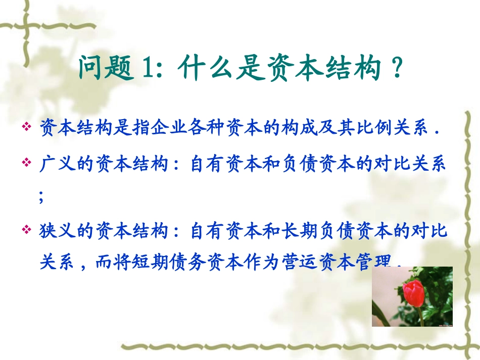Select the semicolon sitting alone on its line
pos(41,197)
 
